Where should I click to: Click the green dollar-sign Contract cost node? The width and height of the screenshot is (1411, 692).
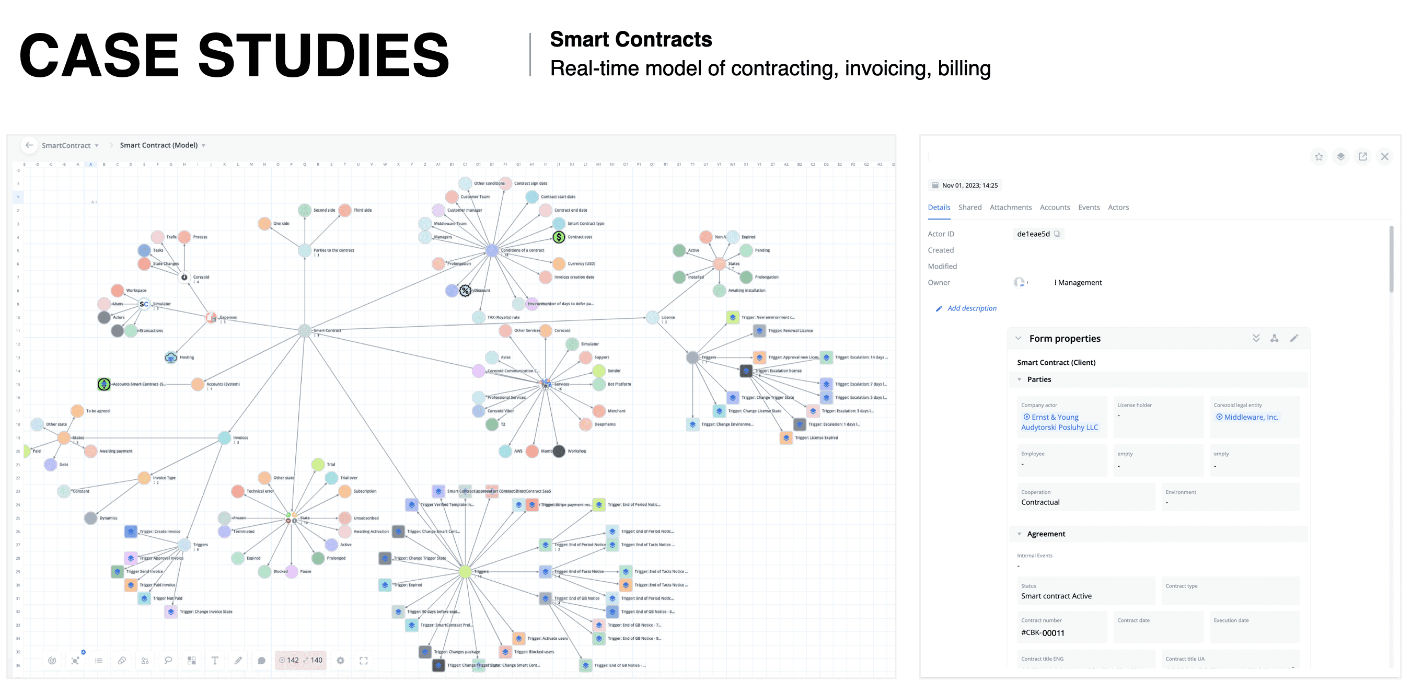point(558,237)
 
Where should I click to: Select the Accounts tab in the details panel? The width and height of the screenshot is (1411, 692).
point(1055,207)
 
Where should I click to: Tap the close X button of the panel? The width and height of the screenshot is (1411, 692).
point(1384,157)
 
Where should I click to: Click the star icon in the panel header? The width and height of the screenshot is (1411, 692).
point(1319,157)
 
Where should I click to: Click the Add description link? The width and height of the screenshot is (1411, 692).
point(971,308)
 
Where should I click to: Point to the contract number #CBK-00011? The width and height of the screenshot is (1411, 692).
point(1043,632)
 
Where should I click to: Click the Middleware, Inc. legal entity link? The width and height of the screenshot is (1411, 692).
point(1251,417)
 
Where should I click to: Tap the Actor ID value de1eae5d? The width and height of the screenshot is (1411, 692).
point(1033,234)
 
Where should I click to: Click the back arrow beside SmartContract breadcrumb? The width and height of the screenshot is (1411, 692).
point(29,145)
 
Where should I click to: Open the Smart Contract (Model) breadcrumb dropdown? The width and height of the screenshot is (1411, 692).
point(203,145)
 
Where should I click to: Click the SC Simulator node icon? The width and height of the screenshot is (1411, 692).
point(144,304)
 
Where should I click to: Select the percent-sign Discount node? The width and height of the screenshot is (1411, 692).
point(465,291)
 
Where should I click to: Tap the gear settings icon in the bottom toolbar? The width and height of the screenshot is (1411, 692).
point(340,660)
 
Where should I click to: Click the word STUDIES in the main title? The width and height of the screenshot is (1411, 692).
point(323,55)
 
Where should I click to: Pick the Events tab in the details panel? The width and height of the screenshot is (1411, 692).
point(1089,207)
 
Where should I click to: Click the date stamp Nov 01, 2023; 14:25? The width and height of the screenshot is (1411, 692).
point(969,185)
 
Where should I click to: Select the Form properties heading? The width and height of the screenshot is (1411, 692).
point(1065,338)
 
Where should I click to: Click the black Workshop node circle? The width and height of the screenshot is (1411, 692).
point(559,451)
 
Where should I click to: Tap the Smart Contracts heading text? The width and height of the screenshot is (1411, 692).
point(630,39)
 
